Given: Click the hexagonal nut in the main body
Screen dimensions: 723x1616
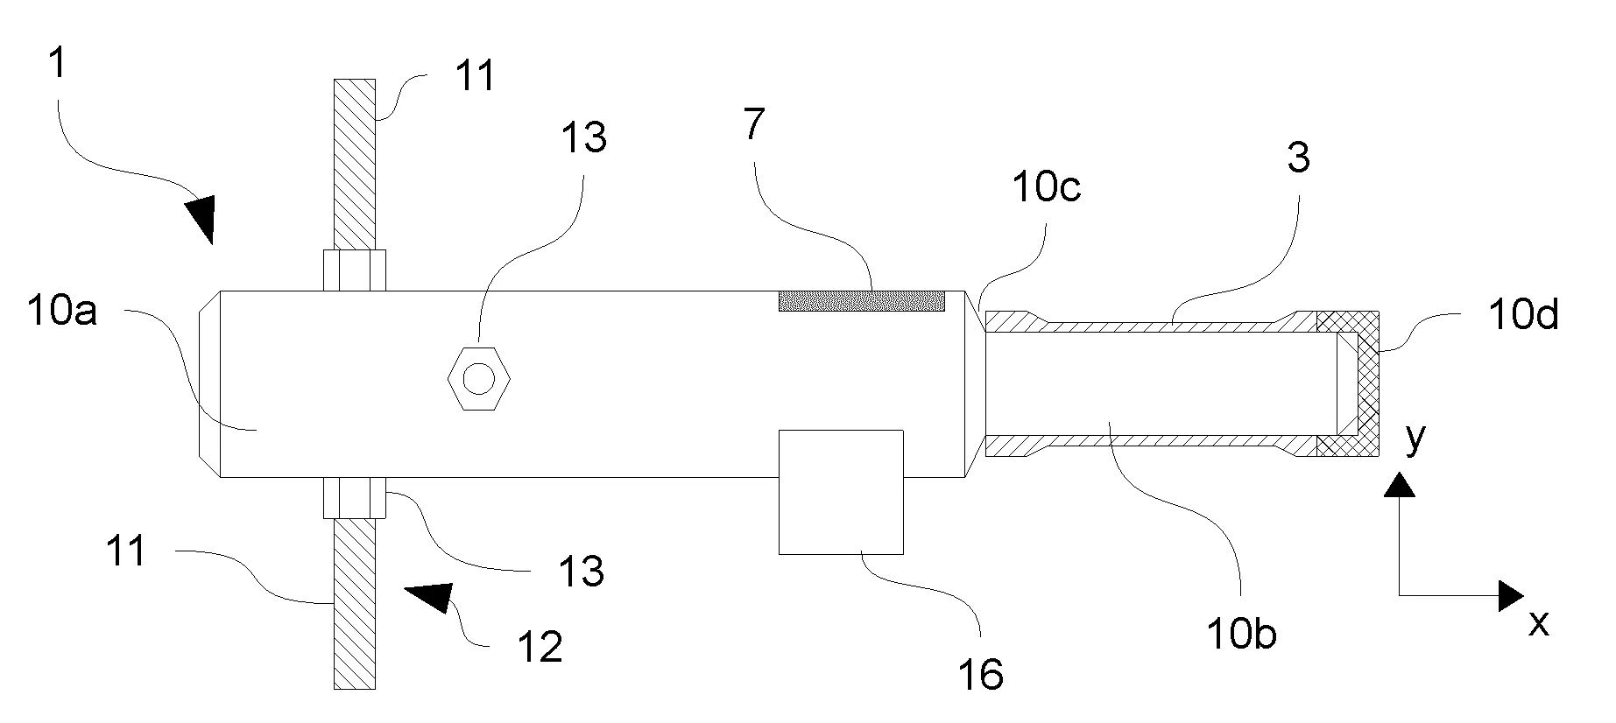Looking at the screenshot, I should pyautogui.click(x=478, y=379).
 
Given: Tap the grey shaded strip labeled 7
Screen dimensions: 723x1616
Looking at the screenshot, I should pyautogui.click(x=862, y=301).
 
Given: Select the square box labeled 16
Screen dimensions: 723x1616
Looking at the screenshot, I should pyautogui.click(x=840, y=491).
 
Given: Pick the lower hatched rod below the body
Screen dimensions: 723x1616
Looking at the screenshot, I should pyautogui.click(x=355, y=605).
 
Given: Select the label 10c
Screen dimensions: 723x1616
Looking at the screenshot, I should pyautogui.click(x=1046, y=187).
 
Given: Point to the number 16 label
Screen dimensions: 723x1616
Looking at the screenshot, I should pyautogui.click(x=980, y=674).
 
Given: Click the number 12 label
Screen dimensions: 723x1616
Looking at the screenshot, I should pyautogui.click(x=540, y=647).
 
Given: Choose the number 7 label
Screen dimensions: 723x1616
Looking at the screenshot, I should pyautogui.click(x=752, y=124).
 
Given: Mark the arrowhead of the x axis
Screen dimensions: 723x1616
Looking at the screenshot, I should pyautogui.click(x=1510, y=595).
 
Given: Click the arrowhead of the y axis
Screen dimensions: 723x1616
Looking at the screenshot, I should pyautogui.click(x=1400, y=486).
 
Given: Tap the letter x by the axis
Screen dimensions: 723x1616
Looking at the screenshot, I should pyautogui.click(x=1539, y=623).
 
